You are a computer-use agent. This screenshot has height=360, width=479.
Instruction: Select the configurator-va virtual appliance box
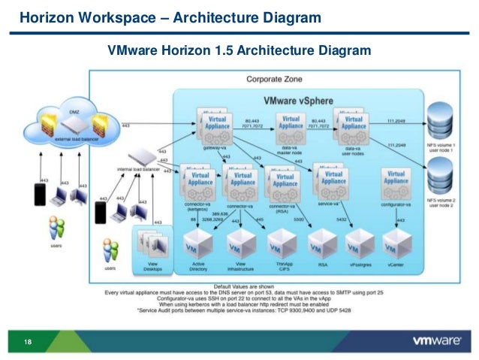[396, 181]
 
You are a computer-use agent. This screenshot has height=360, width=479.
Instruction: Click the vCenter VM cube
[396, 244]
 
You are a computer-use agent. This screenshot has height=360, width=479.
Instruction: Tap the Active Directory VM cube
[199, 244]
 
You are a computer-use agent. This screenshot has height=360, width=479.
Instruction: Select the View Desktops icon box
[152, 245]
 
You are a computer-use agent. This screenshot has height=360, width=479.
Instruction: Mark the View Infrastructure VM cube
[242, 244]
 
